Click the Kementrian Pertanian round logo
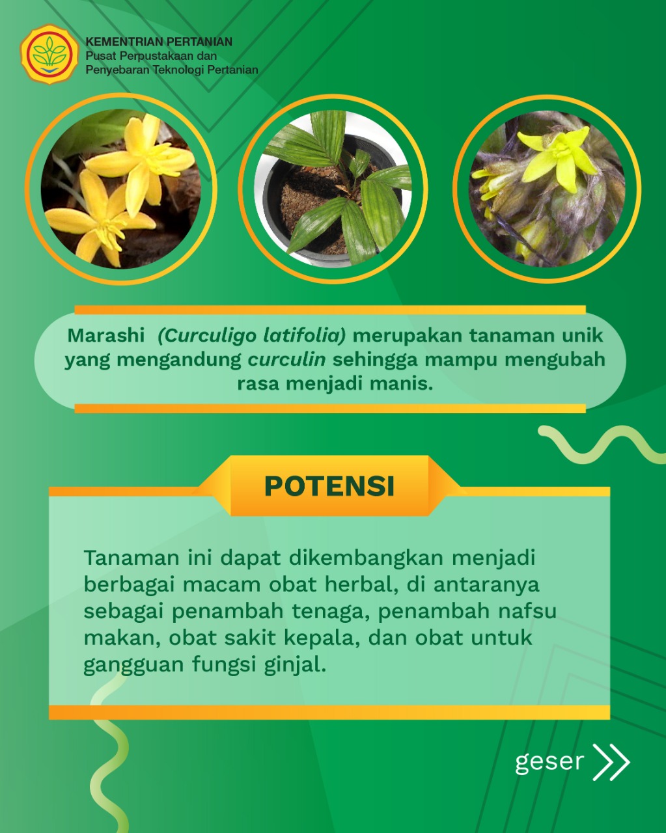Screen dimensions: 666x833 [x=49, y=55]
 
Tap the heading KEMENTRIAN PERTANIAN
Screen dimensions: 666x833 [x=159, y=42]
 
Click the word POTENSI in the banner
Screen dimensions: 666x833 [x=329, y=485]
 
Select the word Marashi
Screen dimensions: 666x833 [x=105, y=335]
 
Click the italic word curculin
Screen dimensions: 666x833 [x=286, y=360]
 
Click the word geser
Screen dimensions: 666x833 [x=549, y=763]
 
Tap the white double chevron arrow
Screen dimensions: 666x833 [x=611, y=762]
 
